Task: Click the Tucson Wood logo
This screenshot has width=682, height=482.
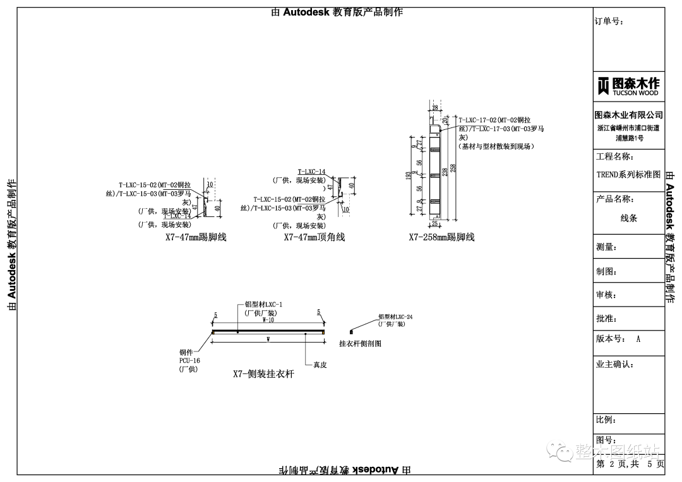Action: point(628,86)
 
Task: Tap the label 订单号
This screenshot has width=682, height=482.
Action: point(609,21)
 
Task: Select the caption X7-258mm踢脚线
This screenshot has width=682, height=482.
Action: point(441,238)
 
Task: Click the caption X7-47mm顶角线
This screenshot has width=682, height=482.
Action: point(314,238)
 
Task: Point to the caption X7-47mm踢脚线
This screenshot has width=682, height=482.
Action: point(196,238)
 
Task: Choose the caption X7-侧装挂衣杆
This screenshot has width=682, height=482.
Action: point(263,373)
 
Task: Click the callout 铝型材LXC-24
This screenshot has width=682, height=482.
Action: point(395,317)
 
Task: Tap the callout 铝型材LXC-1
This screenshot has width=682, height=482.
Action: point(263,305)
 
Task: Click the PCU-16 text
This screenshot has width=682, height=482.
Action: point(189,361)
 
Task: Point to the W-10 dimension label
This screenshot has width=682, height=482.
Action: point(268,320)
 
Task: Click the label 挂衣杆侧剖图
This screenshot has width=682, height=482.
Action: point(361,344)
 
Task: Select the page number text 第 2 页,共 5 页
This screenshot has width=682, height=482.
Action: point(630,464)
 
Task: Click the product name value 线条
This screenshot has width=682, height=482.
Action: point(629,218)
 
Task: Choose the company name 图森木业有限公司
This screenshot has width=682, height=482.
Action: point(629,115)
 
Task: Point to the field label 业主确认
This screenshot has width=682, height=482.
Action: point(614,365)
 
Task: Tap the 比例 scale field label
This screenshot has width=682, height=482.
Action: point(606,420)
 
